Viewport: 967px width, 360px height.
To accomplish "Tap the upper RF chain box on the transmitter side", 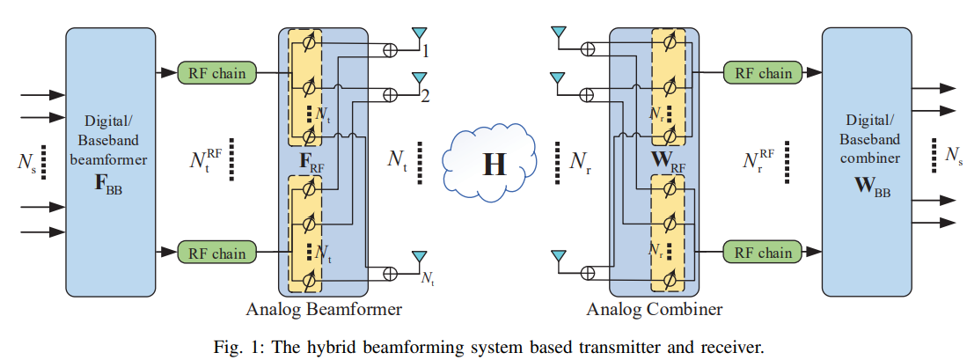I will tap(217, 72).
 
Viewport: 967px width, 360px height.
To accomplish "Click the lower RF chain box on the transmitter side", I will tap(217, 253).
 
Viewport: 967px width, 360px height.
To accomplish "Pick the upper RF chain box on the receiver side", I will tap(763, 72).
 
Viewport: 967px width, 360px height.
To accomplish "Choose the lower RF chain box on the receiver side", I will tap(763, 253).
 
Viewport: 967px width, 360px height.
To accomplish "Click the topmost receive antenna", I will tap(556, 36).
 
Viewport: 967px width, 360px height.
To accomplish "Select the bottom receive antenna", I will tap(556, 257).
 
